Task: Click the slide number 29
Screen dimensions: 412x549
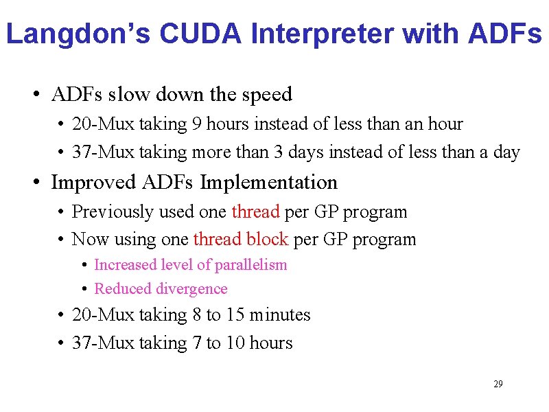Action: tap(498, 384)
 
